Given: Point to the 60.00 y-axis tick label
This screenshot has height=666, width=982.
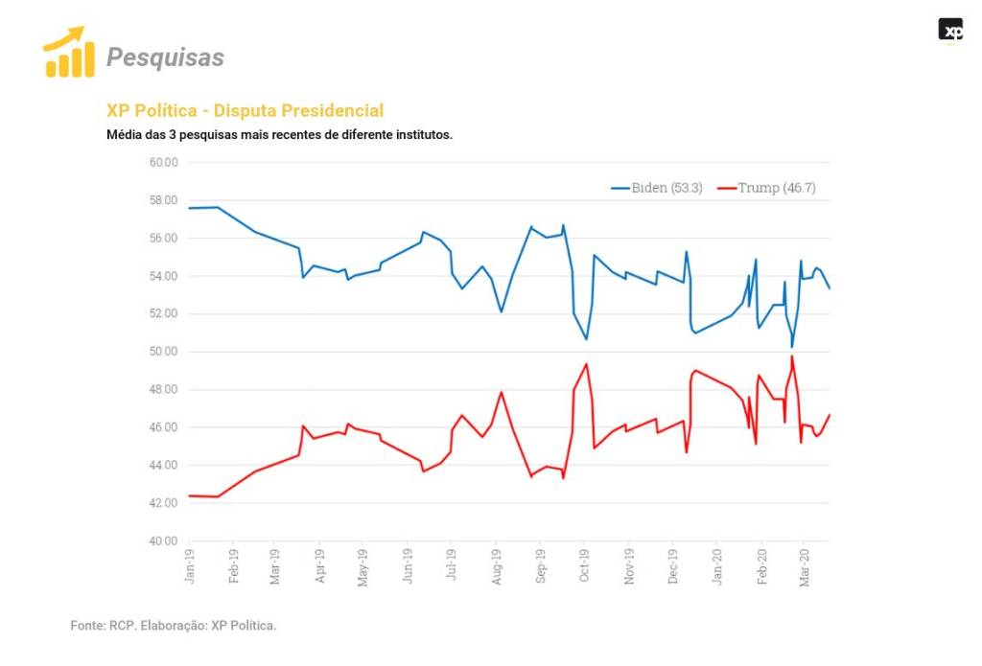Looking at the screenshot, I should pos(164,162).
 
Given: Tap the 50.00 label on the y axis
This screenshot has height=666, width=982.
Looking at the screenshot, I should pos(164,352).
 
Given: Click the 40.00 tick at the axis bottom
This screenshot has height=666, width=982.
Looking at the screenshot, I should pos(164,541).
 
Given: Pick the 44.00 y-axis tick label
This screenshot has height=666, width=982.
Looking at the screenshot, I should pos(164,466).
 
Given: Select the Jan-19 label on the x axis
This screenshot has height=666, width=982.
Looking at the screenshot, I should pos(189,565).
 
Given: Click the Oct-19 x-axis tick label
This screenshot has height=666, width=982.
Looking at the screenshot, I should pos(584,565).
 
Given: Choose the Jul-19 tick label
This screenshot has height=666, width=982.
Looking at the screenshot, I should pos(451,565).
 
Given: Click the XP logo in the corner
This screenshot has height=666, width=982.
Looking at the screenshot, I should pos(950,31).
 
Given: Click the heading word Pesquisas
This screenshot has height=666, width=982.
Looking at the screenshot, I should pos(165,57).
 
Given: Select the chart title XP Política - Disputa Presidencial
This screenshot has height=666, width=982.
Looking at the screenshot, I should pos(245,111).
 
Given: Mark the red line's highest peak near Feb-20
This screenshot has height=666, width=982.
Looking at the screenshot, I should pos(792,356).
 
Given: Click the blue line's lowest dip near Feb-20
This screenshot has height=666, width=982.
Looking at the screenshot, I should pos(792,347).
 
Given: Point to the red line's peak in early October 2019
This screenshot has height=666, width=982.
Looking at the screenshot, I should pos(586,364).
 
